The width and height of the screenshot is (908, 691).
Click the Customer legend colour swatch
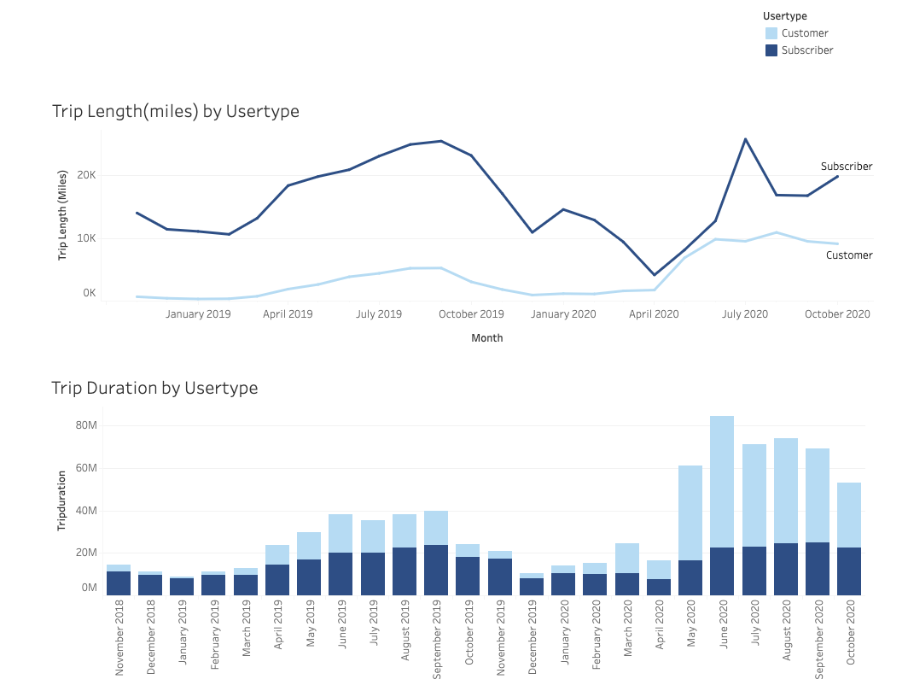click(771, 33)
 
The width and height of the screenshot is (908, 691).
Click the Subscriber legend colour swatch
click(771, 50)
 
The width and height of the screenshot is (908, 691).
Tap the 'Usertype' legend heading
click(785, 15)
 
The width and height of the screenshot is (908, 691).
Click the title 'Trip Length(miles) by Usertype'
click(176, 111)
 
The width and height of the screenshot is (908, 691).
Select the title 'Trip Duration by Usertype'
click(154, 388)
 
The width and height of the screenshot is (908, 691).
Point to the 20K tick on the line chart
click(86, 175)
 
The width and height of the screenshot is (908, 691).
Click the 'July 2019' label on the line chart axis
click(378, 314)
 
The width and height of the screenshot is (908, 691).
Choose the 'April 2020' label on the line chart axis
click(654, 314)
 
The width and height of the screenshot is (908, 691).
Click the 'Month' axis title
click(487, 338)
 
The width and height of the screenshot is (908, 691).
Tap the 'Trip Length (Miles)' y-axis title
click(62, 215)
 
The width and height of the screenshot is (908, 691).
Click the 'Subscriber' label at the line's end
click(847, 167)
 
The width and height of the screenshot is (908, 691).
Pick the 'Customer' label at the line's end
click(849, 255)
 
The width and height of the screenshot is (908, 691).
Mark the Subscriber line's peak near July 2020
click(745, 139)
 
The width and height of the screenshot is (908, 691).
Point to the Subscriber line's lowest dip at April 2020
click(655, 275)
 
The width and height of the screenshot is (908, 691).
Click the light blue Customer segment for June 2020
click(722, 482)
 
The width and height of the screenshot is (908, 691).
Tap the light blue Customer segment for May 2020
click(690, 512)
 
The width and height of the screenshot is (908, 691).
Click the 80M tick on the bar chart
click(85, 425)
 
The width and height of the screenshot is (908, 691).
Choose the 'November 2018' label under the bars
click(119, 638)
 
